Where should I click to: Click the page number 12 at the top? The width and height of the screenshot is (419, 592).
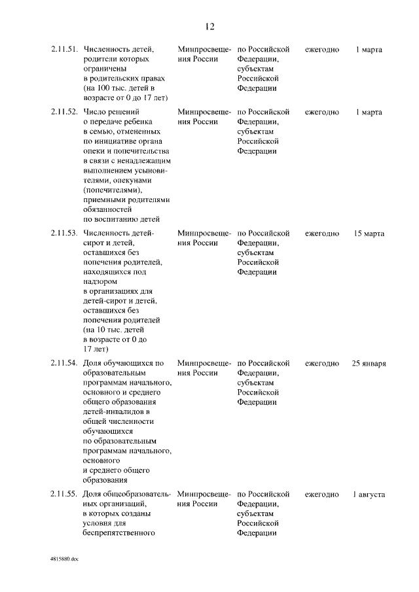point(209,27)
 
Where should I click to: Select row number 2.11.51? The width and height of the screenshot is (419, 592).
point(64,49)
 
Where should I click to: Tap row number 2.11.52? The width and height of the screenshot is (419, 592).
point(64,112)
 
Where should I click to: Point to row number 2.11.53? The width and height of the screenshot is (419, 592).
point(64,233)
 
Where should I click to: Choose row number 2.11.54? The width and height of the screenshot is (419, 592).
point(64,363)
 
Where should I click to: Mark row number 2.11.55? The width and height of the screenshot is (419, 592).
point(64,494)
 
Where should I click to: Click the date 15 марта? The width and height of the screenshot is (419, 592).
point(369,233)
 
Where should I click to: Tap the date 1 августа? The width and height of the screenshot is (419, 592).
point(369,494)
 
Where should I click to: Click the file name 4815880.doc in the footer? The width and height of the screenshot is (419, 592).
point(64,560)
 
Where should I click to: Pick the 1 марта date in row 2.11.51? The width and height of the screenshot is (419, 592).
point(369,49)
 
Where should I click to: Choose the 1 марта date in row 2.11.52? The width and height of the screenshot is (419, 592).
point(369,112)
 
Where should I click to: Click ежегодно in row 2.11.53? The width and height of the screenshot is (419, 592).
point(322,233)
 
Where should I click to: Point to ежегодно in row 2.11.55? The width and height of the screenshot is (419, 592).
point(322,494)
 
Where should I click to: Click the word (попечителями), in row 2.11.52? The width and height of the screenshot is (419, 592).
point(113,190)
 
